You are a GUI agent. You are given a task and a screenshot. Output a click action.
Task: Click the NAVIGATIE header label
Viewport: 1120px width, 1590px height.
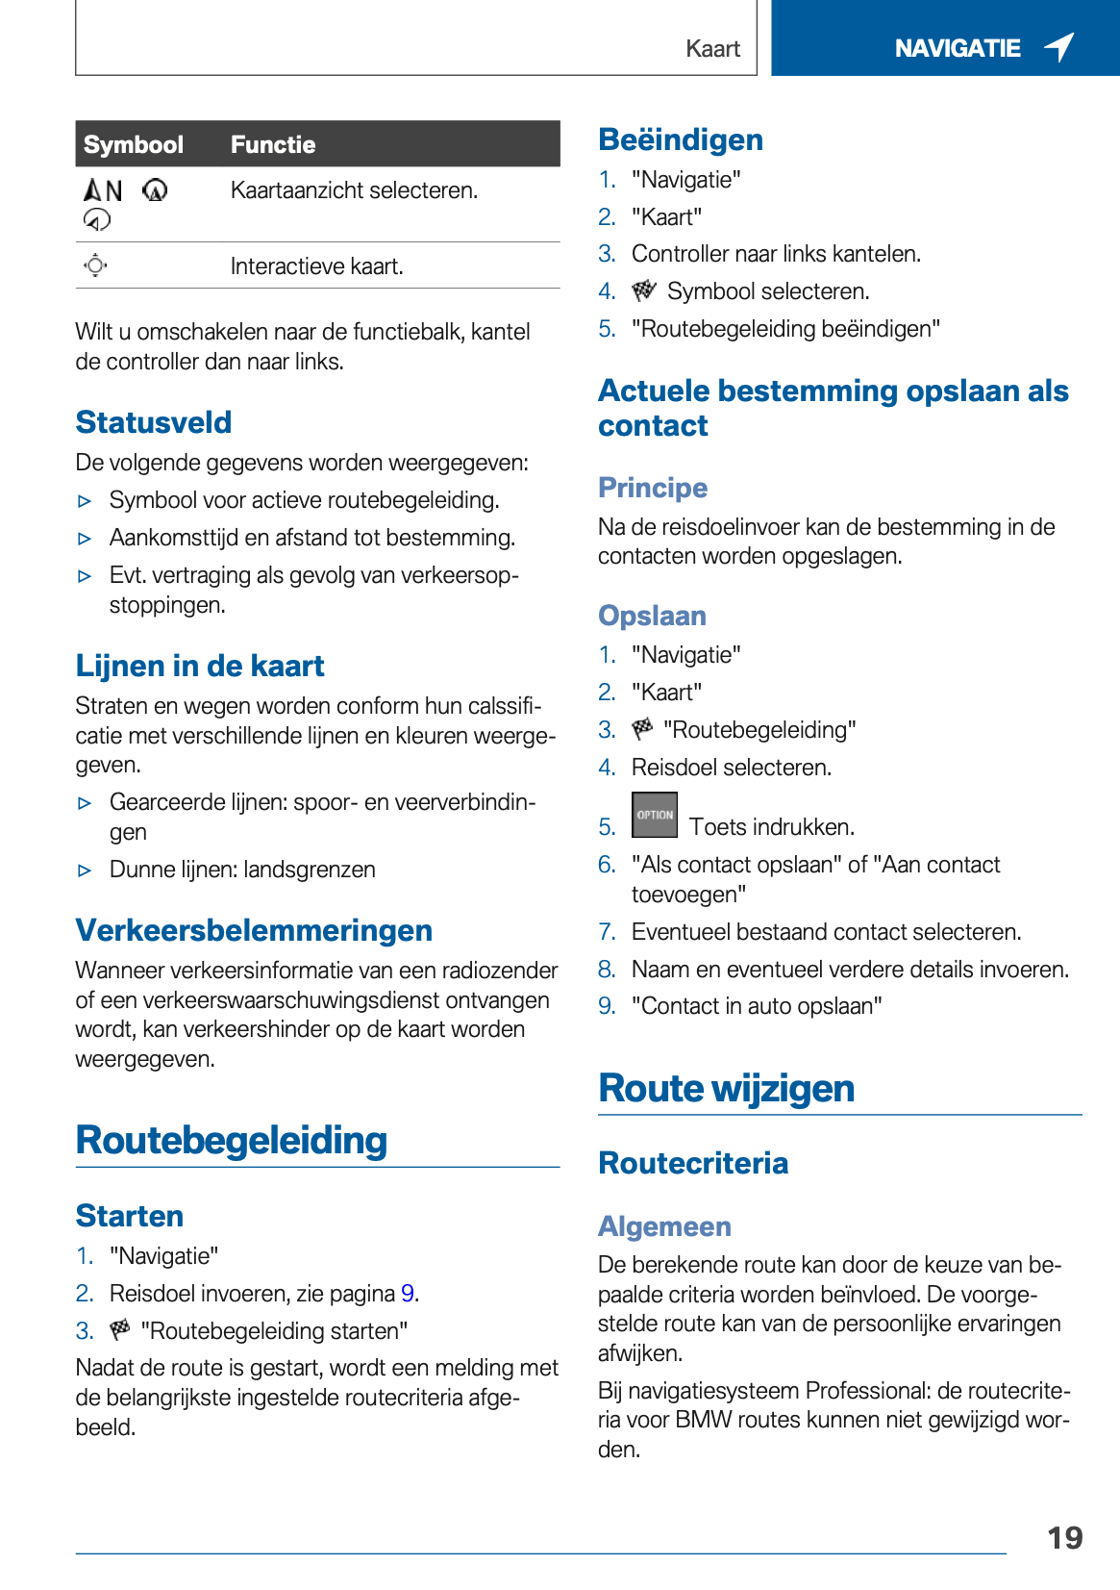click(x=957, y=48)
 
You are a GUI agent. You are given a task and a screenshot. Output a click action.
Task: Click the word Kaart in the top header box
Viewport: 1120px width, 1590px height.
click(x=712, y=49)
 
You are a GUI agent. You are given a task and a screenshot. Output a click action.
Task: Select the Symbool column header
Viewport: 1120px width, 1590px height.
click(x=133, y=144)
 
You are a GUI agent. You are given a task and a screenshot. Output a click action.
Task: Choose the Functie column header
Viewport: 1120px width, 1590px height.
click(x=273, y=144)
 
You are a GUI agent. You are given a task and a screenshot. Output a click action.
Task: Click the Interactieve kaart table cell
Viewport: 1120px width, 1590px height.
click(x=316, y=266)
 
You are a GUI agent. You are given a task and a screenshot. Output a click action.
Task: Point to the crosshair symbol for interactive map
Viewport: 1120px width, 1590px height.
click(x=95, y=265)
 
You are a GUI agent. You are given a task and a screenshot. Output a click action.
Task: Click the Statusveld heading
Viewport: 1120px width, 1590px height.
click(x=154, y=422)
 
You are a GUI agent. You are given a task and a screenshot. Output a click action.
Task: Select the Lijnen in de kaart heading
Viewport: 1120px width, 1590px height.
click(x=200, y=666)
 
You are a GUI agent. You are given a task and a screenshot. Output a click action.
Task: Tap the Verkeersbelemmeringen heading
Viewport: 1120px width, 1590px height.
click(x=254, y=930)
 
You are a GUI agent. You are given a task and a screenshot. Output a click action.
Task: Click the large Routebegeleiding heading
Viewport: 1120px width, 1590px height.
click(x=232, y=1141)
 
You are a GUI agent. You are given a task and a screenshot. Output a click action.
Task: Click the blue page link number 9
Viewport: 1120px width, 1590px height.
click(x=408, y=1294)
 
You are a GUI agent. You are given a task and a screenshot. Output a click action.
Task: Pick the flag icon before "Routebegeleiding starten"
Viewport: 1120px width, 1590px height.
click(x=120, y=1330)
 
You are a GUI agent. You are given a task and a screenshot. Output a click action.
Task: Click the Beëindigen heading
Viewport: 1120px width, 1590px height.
click(x=681, y=139)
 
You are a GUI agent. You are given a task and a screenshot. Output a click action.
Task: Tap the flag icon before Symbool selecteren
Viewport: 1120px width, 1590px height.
click(x=643, y=290)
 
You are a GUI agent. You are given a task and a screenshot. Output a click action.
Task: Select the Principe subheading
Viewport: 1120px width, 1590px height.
click(x=653, y=488)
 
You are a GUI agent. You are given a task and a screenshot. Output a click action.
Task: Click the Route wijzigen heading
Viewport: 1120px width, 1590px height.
click(x=726, y=1089)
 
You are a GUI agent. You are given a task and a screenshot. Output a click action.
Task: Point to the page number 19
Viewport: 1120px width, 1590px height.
click(x=1064, y=1538)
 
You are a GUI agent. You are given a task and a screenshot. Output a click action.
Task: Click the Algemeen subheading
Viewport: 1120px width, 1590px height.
click(x=664, y=1226)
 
